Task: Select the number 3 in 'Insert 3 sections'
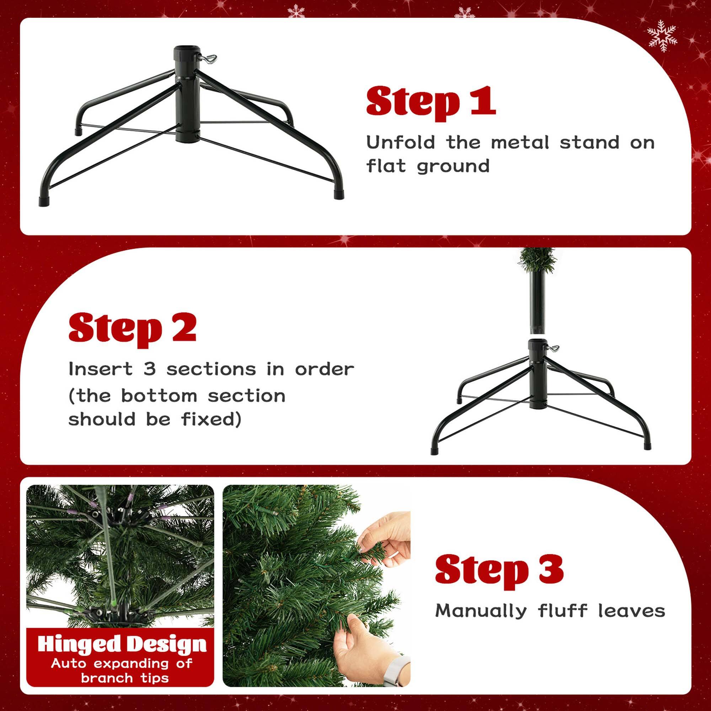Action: tap(149, 369)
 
